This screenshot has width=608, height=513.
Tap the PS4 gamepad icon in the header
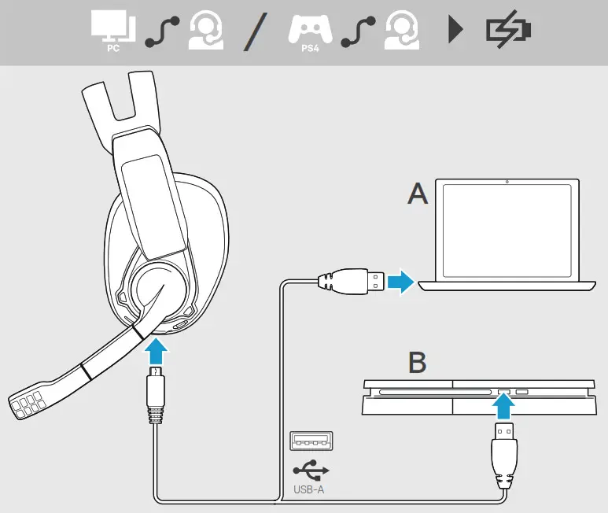310,29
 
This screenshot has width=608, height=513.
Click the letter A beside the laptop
418,194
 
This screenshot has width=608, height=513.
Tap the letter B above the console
417,363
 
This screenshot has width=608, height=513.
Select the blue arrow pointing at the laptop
401,281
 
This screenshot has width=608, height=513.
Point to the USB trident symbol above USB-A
311,471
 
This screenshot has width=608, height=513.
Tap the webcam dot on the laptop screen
507,183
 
